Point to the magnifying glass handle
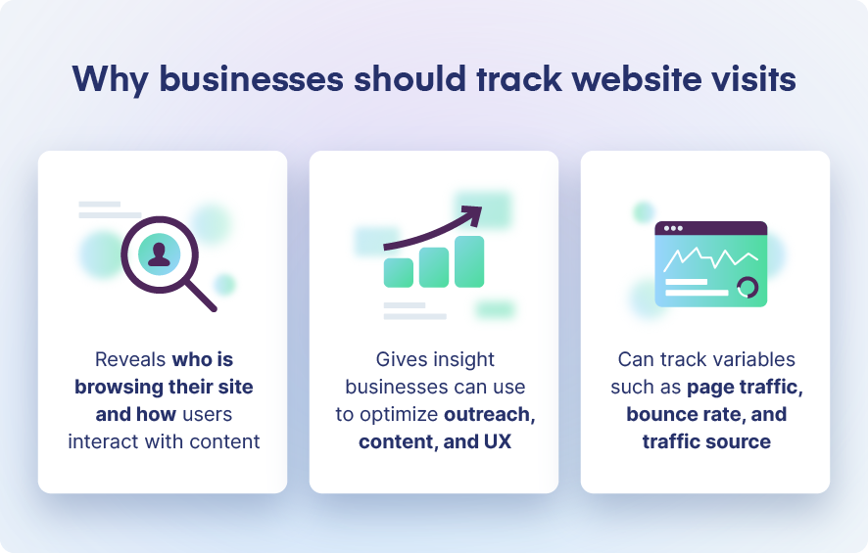[x=201, y=295]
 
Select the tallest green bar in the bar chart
[x=469, y=260]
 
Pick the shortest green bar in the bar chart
[x=399, y=272]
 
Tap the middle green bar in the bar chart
[x=434, y=266]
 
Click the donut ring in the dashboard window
[x=747, y=288]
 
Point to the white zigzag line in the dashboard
[x=710, y=257]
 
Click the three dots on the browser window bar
[x=673, y=228]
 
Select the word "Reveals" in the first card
[x=130, y=359]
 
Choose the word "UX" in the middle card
[x=497, y=441]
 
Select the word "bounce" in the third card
[x=662, y=414]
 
